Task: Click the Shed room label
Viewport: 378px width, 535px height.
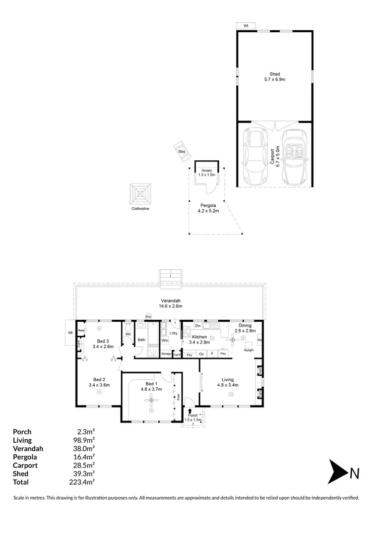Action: tap(275, 75)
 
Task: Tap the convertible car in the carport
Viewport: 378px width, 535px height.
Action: tap(293, 157)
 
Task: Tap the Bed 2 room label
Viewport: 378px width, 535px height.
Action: tap(99, 382)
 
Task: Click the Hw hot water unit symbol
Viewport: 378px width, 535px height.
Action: tap(148, 317)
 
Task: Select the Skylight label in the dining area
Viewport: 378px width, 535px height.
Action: tap(248, 349)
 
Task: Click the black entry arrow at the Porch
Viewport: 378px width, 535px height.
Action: tap(190, 412)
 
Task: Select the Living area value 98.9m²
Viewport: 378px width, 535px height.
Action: tap(85, 440)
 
